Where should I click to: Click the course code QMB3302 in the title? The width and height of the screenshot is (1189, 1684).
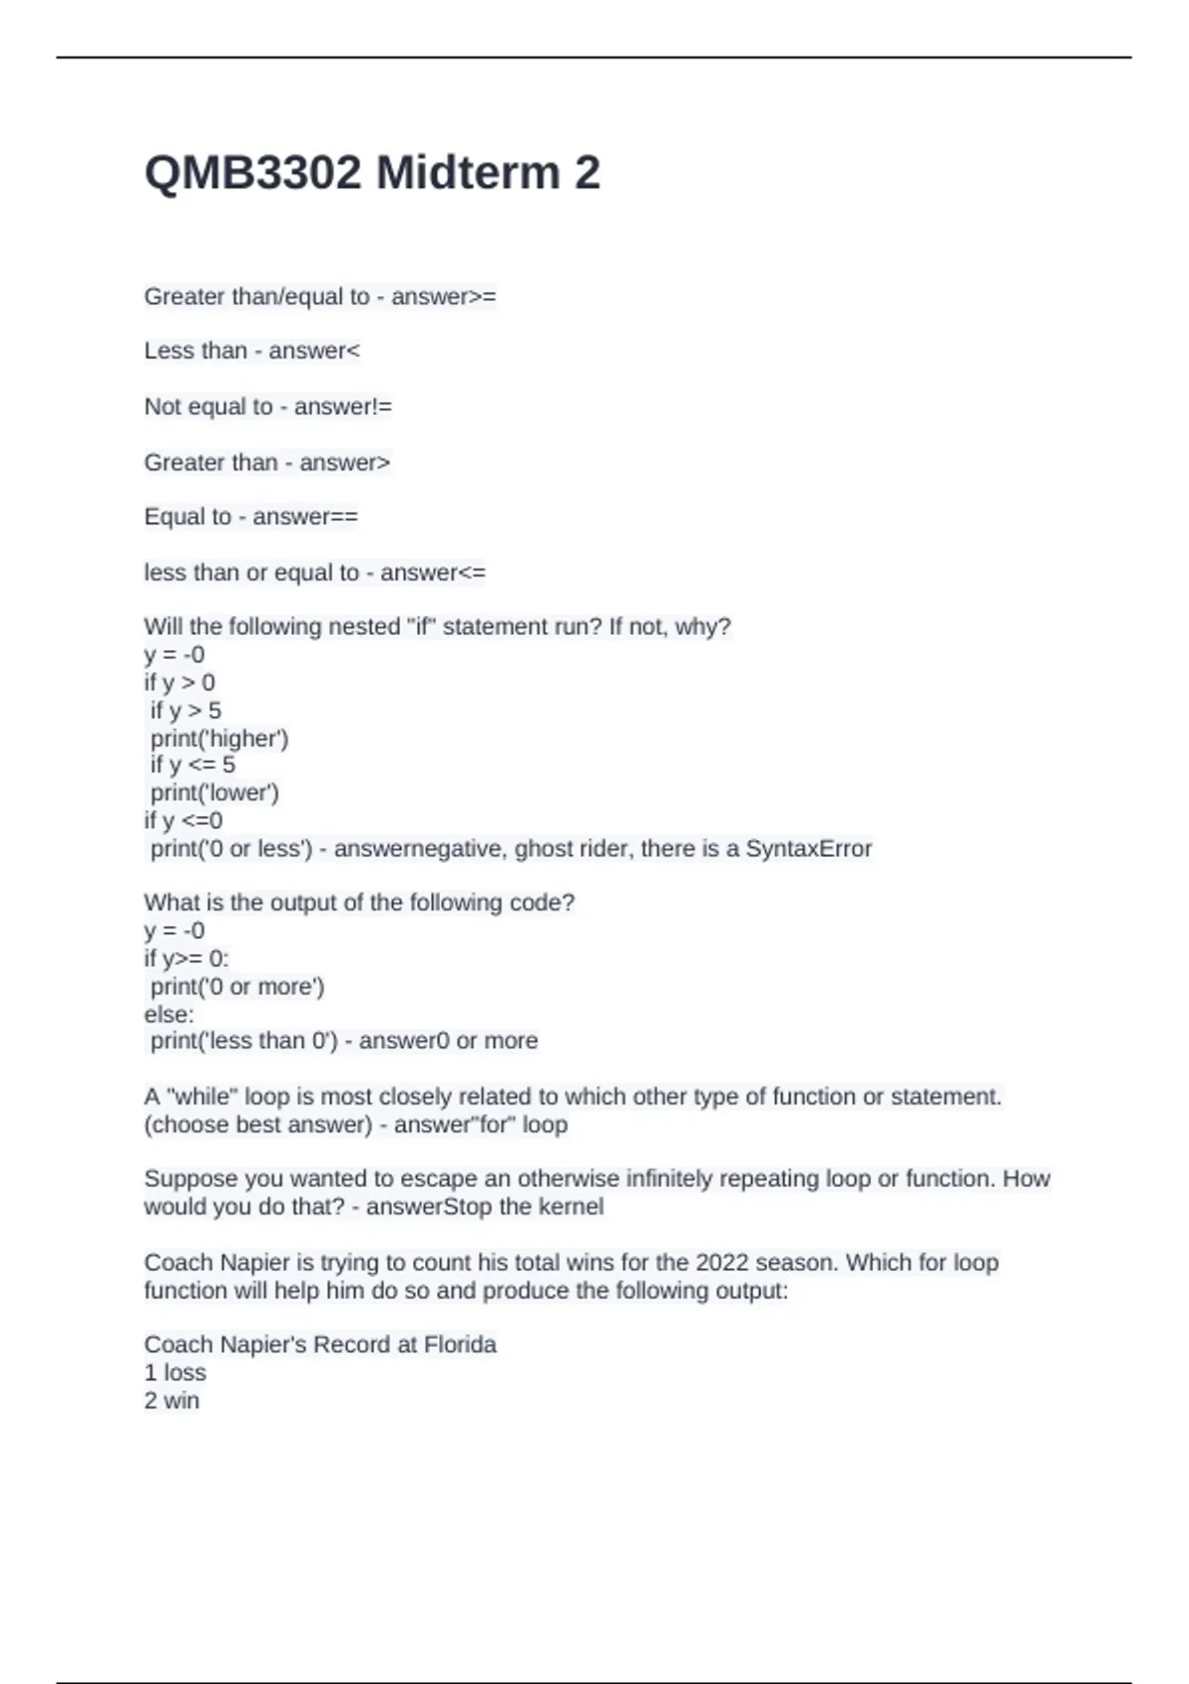click(253, 173)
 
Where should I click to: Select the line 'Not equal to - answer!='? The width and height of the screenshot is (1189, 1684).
click(268, 407)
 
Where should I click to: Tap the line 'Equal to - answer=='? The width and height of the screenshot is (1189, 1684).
click(251, 517)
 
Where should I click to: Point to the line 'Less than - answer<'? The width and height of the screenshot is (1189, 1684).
click(252, 351)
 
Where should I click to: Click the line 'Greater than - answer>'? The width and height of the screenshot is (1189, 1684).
click(267, 463)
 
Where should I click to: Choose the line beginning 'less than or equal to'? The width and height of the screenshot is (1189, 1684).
click(314, 573)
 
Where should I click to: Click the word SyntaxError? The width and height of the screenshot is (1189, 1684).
click(809, 849)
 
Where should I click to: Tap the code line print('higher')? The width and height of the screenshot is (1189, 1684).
click(219, 739)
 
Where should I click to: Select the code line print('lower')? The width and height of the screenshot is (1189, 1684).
click(214, 793)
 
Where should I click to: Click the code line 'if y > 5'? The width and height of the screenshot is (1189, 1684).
click(185, 711)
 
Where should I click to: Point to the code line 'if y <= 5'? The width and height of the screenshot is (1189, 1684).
click(192, 766)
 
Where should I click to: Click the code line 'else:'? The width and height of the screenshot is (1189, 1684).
click(169, 1015)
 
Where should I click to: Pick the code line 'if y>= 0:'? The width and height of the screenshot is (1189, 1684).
click(186, 959)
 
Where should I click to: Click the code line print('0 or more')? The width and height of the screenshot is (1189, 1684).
click(237, 988)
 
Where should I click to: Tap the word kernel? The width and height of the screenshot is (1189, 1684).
click(571, 1208)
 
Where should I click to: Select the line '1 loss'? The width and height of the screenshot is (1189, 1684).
click(174, 1373)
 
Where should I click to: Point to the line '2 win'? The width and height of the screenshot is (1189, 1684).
click(171, 1402)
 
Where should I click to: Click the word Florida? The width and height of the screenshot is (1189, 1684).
click(460, 1345)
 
